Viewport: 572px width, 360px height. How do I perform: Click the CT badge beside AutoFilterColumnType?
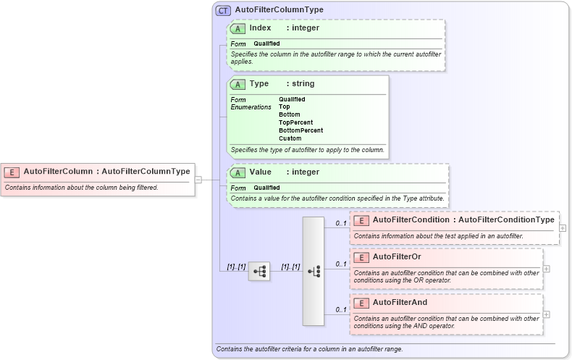click(x=223, y=10)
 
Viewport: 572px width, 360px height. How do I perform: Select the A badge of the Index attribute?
click(x=237, y=28)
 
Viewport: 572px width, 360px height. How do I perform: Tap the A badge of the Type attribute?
click(x=237, y=84)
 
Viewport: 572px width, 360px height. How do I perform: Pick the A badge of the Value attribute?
click(x=237, y=172)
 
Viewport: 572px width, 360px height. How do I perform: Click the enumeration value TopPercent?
click(x=295, y=122)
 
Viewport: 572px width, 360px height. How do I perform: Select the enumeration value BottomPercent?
click(x=300, y=130)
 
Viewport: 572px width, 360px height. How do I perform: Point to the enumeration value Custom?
click(x=290, y=138)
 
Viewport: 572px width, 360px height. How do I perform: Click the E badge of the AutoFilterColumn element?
click(x=12, y=172)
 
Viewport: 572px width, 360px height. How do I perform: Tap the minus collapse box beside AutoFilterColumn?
click(x=198, y=180)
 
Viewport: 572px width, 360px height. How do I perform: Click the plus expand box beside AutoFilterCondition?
click(x=563, y=227)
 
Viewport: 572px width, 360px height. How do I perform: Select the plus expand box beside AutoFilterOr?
click(x=546, y=268)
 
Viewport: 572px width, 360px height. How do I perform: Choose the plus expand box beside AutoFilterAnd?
click(x=546, y=314)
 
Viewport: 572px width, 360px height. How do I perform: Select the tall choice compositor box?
click(x=314, y=271)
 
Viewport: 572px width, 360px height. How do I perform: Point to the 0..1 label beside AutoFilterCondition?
click(x=340, y=223)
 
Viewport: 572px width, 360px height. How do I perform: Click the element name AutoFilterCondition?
click(x=410, y=219)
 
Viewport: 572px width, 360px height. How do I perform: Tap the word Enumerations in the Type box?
click(x=251, y=107)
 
